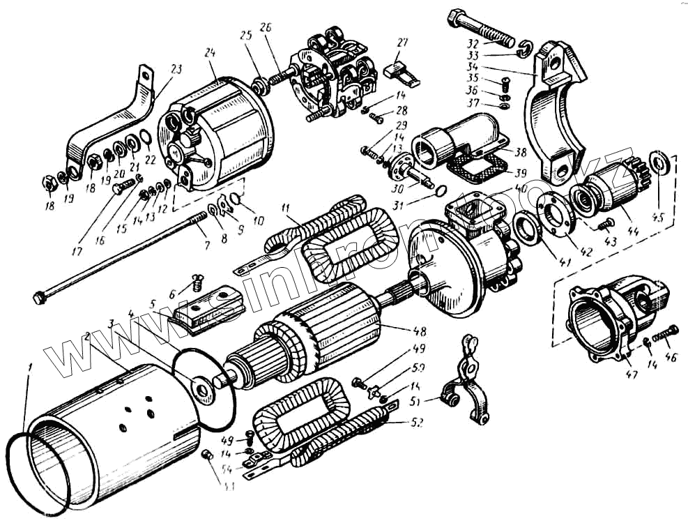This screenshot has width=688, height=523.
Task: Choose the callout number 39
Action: [519, 172]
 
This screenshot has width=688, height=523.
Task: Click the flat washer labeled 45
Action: [659, 162]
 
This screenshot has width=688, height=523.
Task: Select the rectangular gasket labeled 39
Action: [478, 166]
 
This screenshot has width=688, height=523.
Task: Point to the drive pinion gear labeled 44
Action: [604, 189]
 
